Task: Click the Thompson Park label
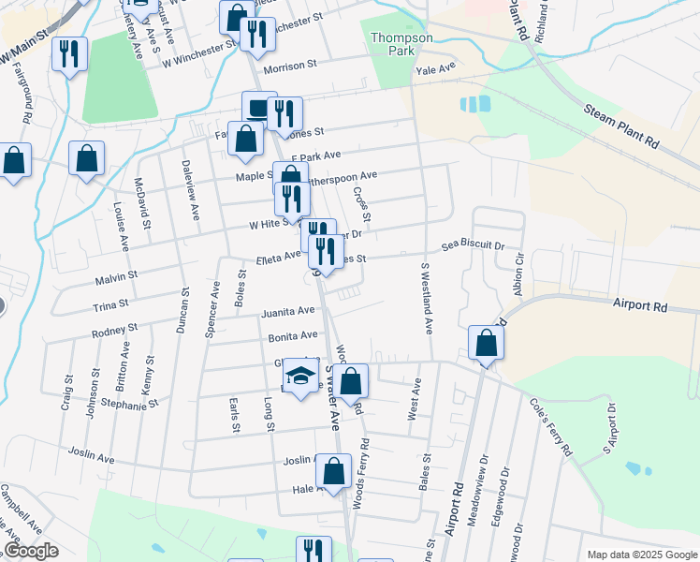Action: pyautogui.click(x=401, y=44)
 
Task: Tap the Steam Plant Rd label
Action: pyautogui.click(x=621, y=126)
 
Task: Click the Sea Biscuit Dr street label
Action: pyautogui.click(x=474, y=244)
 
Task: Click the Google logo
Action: pyautogui.click(x=31, y=551)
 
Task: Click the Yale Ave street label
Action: pyautogui.click(x=435, y=69)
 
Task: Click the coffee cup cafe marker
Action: pyautogui.click(x=258, y=108)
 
